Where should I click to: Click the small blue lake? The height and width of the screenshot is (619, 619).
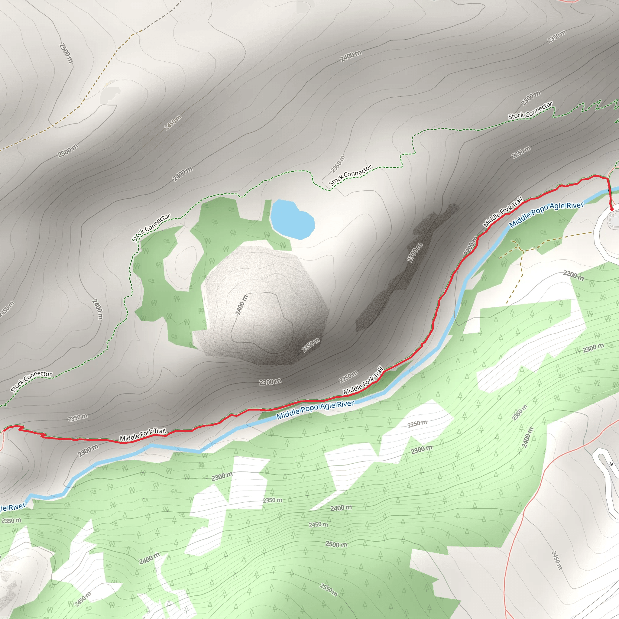(292, 219)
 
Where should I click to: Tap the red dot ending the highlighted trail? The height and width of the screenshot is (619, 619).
(612, 209)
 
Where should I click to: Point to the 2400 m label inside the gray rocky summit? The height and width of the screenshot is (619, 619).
(241, 305)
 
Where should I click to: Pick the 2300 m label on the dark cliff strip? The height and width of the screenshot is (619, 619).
(415, 252)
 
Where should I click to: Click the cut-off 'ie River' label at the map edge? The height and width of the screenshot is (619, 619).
(12, 507)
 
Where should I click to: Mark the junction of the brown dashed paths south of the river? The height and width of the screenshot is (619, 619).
(517, 247)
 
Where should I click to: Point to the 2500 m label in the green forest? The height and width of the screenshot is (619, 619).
(336, 544)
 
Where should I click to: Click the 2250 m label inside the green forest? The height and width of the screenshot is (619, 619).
(417, 424)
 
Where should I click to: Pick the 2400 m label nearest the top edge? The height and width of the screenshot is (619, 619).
(351, 57)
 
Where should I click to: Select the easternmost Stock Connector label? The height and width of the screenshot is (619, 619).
(530, 111)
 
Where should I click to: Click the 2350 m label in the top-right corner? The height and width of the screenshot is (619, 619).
(557, 37)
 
